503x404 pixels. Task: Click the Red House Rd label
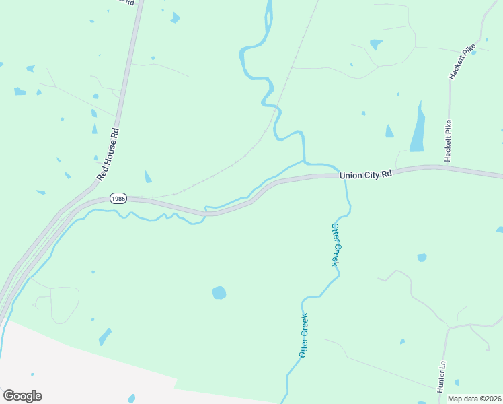[108, 154]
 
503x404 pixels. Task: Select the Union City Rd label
[365, 175]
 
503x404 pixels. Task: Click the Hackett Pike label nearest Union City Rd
[447, 141]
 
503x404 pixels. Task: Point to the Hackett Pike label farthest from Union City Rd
[462, 63]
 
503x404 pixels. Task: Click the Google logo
[22, 396]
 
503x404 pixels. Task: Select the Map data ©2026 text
[474, 399]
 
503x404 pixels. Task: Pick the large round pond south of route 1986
[219, 292]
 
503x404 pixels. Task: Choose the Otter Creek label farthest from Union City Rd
[303, 335]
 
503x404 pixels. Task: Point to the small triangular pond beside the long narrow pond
[389, 131]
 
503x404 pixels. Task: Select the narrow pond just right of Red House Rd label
[147, 177]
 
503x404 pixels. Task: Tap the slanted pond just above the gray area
[105, 336]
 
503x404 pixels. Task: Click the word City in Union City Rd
[371, 175]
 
